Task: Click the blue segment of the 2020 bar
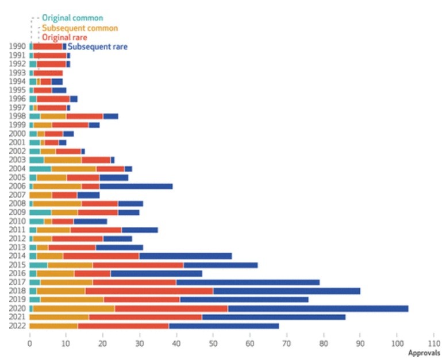(x=318, y=308)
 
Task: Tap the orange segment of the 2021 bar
(x=59, y=317)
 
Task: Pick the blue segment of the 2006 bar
(x=136, y=187)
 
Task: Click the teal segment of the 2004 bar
(x=40, y=169)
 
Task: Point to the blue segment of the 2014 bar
(x=186, y=256)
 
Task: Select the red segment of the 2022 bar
(x=124, y=326)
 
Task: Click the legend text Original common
(x=72, y=18)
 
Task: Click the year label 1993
(x=17, y=73)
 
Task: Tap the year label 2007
(x=17, y=195)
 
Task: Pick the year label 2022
(x=17, y=326)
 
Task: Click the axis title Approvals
(x=424, y=353)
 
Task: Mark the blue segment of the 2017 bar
(x=248, y=282)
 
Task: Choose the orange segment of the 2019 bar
(x=72, y=299)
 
